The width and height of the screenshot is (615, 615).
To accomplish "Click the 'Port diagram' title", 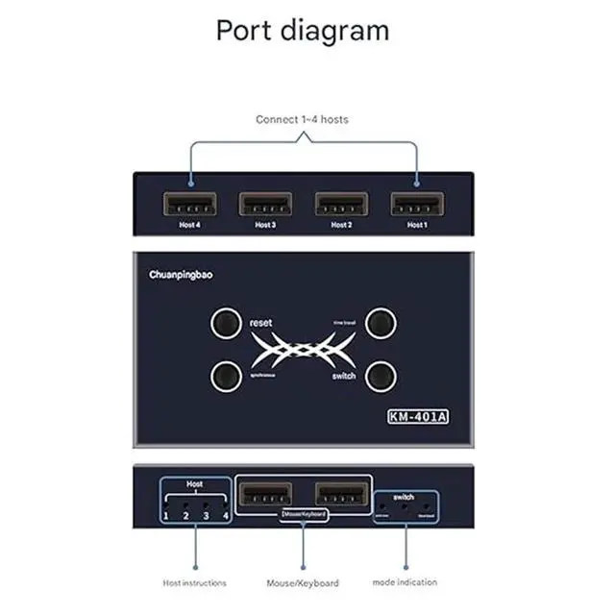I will pos(302,30).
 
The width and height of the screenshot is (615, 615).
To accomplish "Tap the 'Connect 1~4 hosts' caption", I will pos(302,119).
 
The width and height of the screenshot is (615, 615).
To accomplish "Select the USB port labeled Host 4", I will pos(189,204).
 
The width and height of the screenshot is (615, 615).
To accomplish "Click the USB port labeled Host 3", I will pos(265,204).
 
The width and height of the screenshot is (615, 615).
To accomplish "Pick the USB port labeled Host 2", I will pos(341,204).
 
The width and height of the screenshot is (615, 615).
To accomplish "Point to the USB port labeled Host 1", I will pos(416,204).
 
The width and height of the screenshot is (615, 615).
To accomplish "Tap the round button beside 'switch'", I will pos(381,374).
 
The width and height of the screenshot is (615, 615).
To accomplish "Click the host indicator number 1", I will pos(166,516).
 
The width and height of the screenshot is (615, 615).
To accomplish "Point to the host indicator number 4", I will pos(226,516).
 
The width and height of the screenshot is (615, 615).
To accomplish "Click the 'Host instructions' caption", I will pos(195,582).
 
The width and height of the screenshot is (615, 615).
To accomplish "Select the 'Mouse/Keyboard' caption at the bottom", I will pos(304,582).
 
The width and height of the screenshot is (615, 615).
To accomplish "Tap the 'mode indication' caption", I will pos(405,582).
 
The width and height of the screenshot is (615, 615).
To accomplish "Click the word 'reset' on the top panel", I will pos(260,323).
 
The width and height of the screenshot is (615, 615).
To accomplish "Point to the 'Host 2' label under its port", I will pos(340,225).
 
